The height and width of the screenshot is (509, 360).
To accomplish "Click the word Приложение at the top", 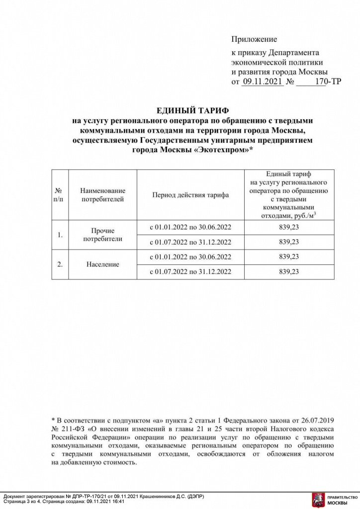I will (x=254, y=39).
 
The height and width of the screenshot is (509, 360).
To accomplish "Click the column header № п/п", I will (x=60, y=195).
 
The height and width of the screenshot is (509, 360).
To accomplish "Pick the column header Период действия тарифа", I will (x=190, y=195).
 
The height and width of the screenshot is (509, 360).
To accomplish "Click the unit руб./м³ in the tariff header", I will (x=304, y=215).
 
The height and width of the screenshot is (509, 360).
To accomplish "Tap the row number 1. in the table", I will (x=60, y=235).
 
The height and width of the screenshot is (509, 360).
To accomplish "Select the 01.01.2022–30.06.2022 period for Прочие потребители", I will (x=190, y=227).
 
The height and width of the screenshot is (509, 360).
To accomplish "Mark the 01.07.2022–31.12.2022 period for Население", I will (x=190, y=271).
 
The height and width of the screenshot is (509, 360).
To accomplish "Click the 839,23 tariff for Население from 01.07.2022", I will (x=289, y=271).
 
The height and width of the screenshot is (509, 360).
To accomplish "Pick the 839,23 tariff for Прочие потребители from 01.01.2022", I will (x=289, y=227).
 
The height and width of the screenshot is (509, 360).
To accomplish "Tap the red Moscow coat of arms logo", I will (x=317, y=499).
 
